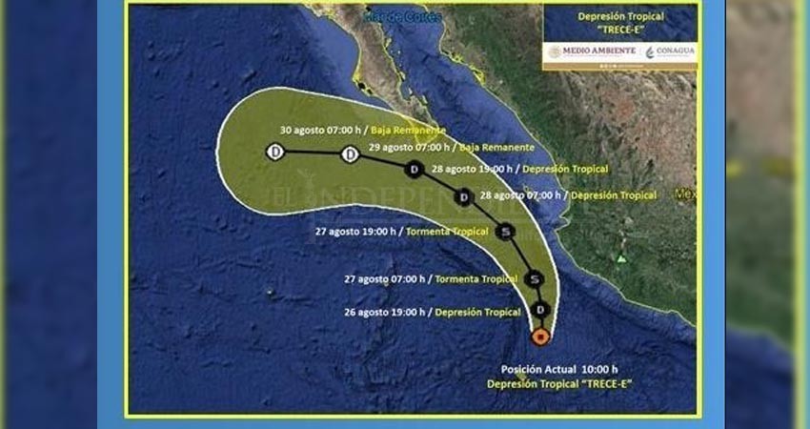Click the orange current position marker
click(540, 337)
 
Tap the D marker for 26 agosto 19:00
click(540, 310)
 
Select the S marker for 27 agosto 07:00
click(535, 278)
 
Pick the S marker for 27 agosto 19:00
click(506, 231)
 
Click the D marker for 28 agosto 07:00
click(464, 197)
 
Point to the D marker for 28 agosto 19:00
click(414, 170)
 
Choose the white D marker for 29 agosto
click(350, 153)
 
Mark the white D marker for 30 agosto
click(274, 152)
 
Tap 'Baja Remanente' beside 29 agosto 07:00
click(496, 148)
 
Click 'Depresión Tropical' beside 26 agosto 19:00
click(476, 312)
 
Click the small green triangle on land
click(621, 258)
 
